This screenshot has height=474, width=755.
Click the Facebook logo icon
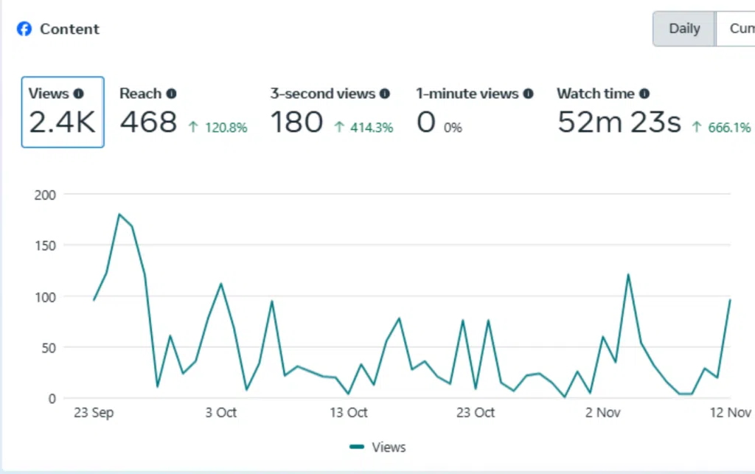pyautogui.click(x=24, y=29)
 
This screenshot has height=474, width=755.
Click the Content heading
pyautogui.click(x=69, y=29)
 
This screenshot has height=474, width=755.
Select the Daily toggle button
pyautogui.click(x=683, y=29)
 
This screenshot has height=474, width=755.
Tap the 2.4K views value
pyautogui.click(x=62, y=122)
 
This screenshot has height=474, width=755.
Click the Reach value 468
pyautogui.click(x=148, y=122)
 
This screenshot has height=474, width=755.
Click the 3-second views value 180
pyautogui.click(x=296, y=122)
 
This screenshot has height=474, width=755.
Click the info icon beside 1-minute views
pyautogui.click(x=527, y=94)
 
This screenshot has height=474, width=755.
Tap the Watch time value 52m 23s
pyautogui.click(x=619, y=122)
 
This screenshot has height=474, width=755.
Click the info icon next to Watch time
pyautogui.click(x=644, y=94)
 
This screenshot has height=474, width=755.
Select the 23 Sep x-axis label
pyautogui.click(x=94, y=413)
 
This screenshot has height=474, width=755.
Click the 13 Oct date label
pyautogui.click(x=349, y=413)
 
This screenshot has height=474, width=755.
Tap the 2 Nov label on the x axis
pyautogui.click(x=603, y=413)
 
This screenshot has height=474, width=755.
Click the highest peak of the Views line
pyautogui.click(x=119, y=215)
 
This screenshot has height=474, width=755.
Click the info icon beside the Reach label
pyautogui.click(x=171, y=94)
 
